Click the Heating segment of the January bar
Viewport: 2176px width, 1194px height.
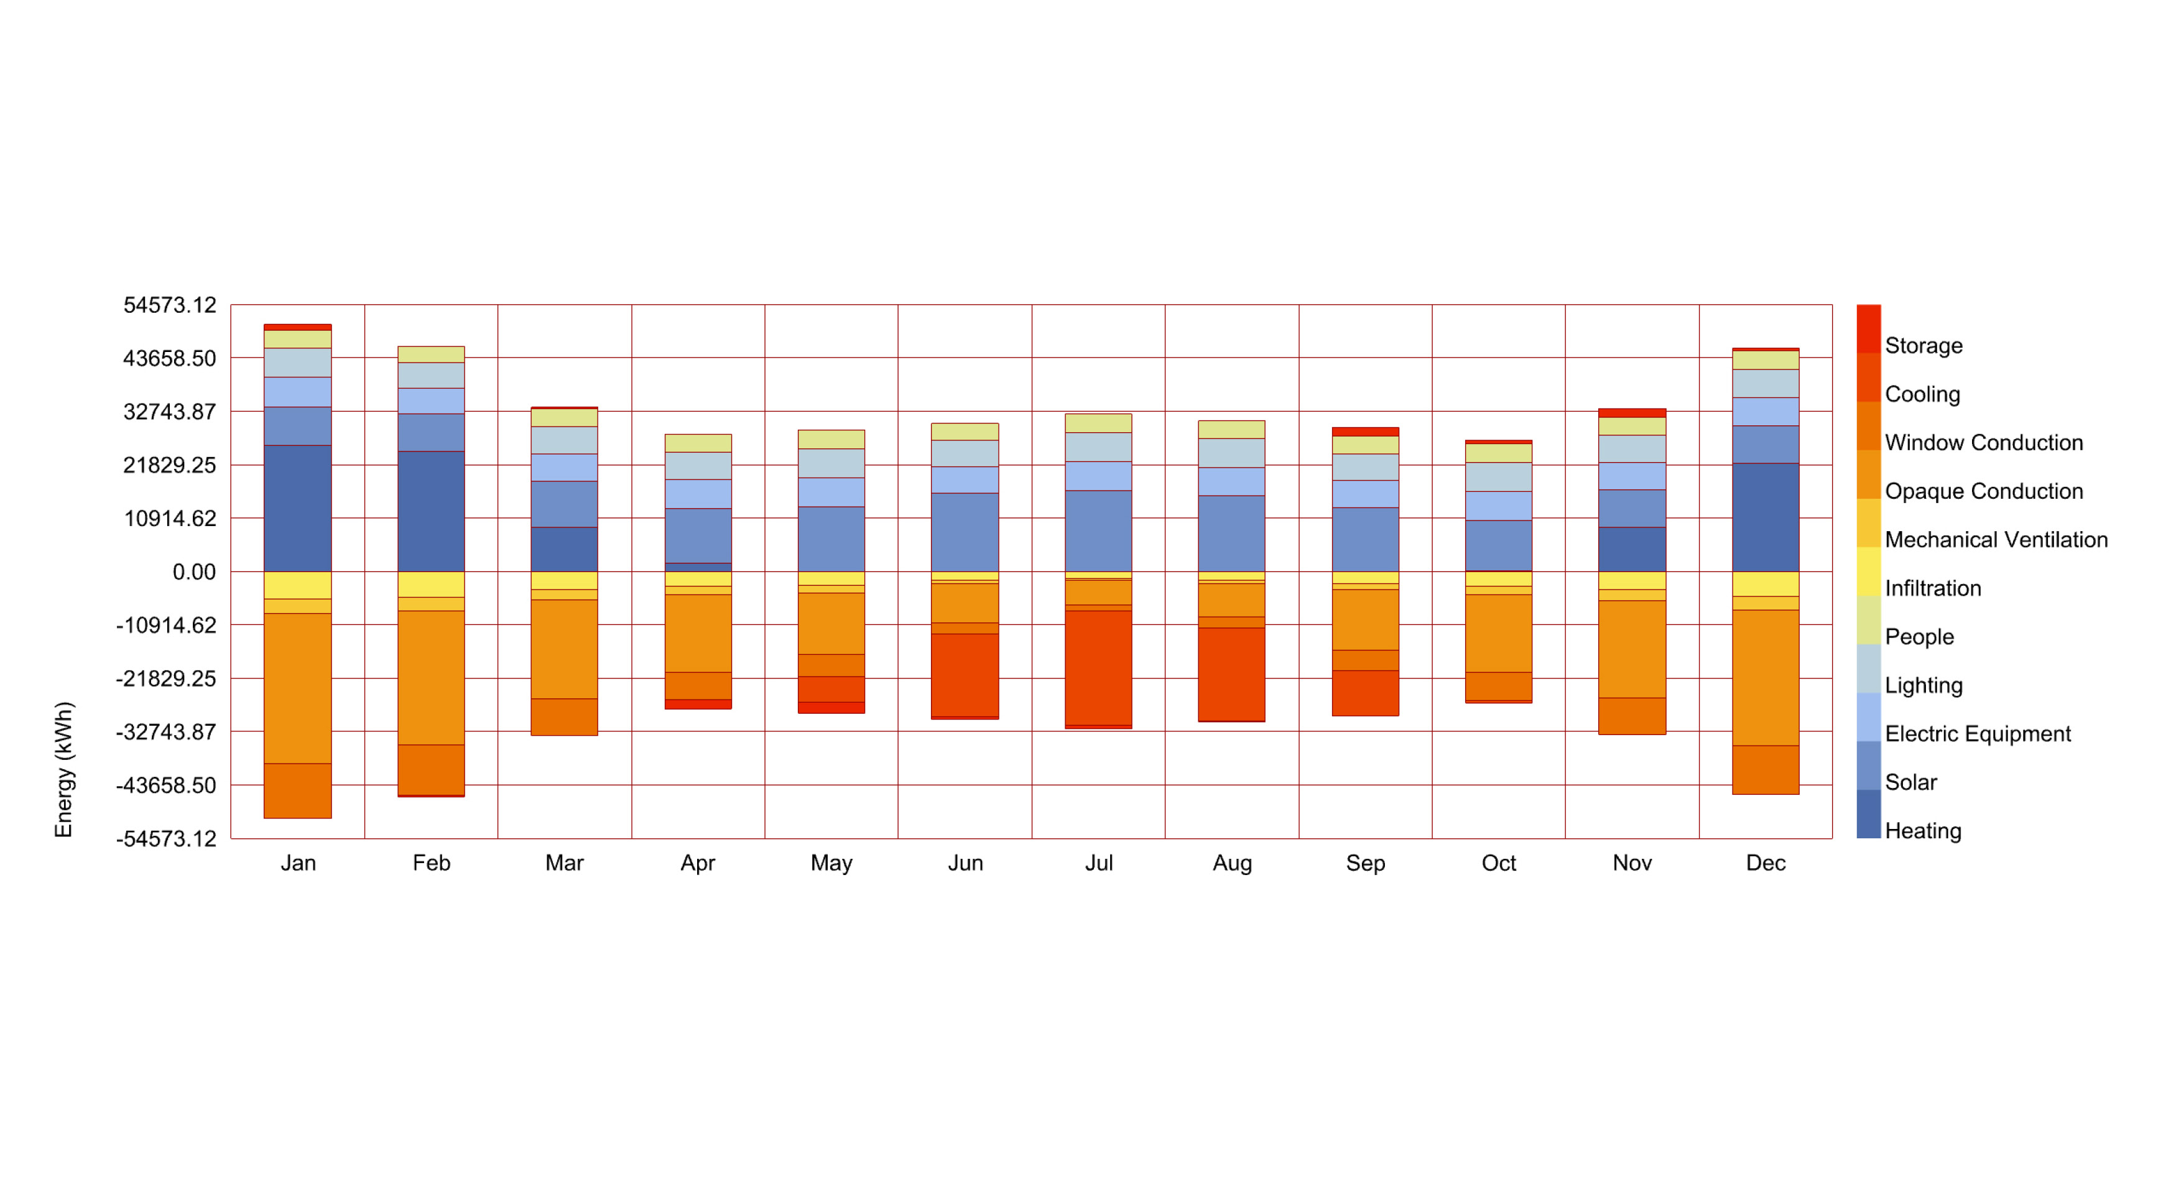coord(297,507)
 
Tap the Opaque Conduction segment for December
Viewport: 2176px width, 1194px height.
coord(1765,677)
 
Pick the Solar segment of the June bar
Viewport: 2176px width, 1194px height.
coord(964,532)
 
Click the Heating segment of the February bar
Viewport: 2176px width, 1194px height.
coord(431,511)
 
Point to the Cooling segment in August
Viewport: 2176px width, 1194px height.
coord(1231,674)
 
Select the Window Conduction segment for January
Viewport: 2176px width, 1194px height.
coord(297,790)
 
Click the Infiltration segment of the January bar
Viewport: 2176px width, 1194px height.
coord(297,585)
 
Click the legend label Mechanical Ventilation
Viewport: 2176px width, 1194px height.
coord(1995,540)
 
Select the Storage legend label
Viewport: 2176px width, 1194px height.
coord(1923,345)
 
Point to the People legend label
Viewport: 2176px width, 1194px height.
coord(1919,637)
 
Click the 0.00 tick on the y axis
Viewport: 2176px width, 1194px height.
coord(193,572)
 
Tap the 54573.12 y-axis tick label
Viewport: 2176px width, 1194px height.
coord(170,305)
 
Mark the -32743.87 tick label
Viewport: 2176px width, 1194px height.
coord(167,731)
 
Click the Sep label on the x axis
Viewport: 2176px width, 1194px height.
coord(1364,863)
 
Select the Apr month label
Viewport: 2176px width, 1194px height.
coord(698,863)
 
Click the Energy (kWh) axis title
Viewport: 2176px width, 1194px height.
coord(64,769)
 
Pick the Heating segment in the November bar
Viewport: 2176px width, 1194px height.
coord(1631,549)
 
